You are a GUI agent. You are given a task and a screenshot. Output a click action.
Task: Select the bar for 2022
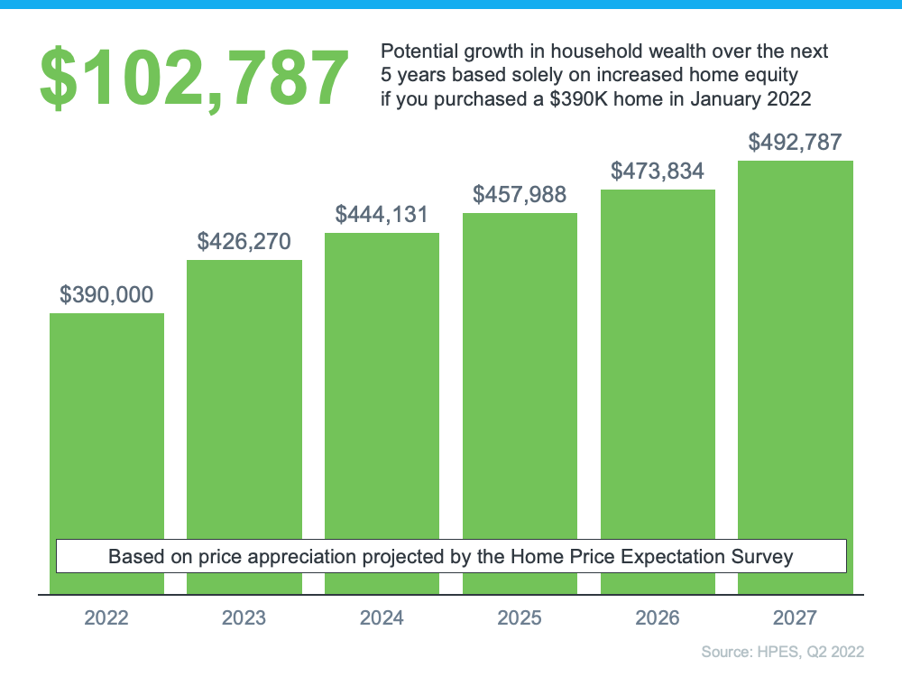pos(106,424)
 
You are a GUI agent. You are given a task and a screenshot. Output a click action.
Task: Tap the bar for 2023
pos(244,397)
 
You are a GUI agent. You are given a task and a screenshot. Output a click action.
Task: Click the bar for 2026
pos(658,361)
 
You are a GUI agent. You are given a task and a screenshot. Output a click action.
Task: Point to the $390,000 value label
pos(106,294)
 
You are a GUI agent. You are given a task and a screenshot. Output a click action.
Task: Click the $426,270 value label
pos(244,241)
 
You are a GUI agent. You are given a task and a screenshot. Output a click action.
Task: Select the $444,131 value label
pos(382,214)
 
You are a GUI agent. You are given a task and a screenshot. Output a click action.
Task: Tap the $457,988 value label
pos(520,194)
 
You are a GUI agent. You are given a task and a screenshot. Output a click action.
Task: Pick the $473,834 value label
pos(658,171)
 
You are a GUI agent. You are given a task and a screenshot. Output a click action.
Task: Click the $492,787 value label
pos(795,142)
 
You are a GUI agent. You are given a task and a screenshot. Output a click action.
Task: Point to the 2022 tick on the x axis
pos(106,618)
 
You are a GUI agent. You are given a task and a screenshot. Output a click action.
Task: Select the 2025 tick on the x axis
pos(520,618)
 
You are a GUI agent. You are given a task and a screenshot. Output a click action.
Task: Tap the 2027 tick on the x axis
pos(795,618)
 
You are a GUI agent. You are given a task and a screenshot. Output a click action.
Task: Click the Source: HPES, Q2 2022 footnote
pos(782,652)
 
